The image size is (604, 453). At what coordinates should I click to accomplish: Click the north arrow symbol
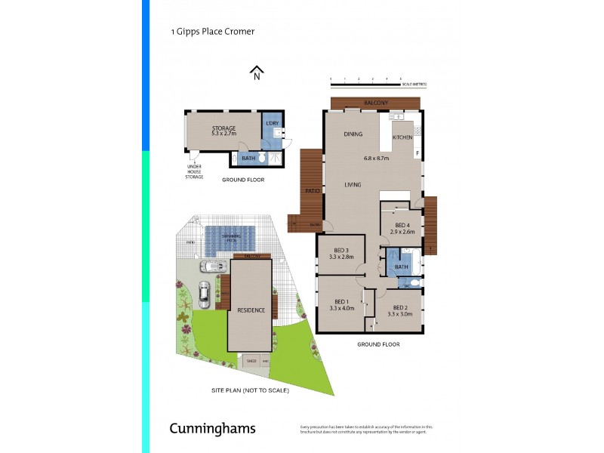coord(257,72)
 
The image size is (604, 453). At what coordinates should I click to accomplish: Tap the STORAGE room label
coord(224,128)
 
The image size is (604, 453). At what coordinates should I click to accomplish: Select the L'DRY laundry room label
coord(271,123)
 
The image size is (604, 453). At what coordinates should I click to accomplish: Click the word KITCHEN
coord(402,137)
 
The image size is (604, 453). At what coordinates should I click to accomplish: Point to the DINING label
coord(353,134)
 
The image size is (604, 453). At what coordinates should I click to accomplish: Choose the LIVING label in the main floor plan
coord(353,184)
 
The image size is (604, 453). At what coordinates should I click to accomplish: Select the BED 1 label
coord(341,300)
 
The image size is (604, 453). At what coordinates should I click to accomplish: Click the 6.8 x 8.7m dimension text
coord(376,159)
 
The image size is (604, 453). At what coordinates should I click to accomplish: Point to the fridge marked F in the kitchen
coord(417,153)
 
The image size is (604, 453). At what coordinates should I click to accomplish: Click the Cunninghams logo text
coord(211,429)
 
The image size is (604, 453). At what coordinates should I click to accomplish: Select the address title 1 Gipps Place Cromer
coord(212,32)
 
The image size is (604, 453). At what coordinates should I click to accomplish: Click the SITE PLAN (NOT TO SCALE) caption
coord(250,390)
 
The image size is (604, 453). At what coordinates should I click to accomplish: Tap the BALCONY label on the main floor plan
coord(375,103)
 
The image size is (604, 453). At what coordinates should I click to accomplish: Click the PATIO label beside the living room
coord(310,192)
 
